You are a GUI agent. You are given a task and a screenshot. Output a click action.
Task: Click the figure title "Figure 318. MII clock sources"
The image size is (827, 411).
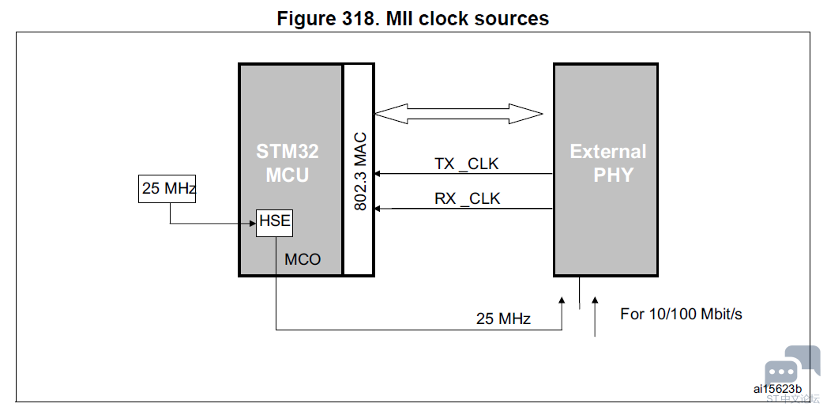click(412, 18)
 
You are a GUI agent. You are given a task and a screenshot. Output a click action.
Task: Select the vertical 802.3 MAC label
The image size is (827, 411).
click(360, 171)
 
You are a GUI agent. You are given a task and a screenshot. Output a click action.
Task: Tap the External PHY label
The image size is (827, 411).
click(608, 164)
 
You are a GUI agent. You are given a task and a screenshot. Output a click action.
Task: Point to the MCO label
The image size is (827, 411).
click(303, 259)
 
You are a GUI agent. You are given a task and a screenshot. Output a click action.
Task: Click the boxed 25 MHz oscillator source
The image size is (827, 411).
click(167, 189)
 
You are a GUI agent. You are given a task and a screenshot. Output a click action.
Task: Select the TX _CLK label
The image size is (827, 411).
click(467, 164)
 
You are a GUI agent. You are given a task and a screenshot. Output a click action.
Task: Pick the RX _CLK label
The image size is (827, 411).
click(467, 198)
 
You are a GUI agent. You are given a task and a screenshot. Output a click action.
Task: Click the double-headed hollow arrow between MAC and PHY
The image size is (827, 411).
click(459, 114)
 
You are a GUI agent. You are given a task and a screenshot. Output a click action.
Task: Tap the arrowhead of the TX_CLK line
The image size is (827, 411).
click(379, 174)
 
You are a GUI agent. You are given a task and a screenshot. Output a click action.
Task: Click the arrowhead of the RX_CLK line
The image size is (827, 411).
click(379, 209)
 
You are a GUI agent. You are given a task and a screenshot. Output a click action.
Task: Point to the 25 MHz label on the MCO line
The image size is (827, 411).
click(503, 319)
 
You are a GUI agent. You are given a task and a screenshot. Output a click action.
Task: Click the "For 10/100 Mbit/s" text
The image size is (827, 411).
click(681, 314)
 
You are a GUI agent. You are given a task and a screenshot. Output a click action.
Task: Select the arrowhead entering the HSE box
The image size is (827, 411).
click(251, 223)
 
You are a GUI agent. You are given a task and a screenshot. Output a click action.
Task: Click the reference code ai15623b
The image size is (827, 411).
click(777, 389)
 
